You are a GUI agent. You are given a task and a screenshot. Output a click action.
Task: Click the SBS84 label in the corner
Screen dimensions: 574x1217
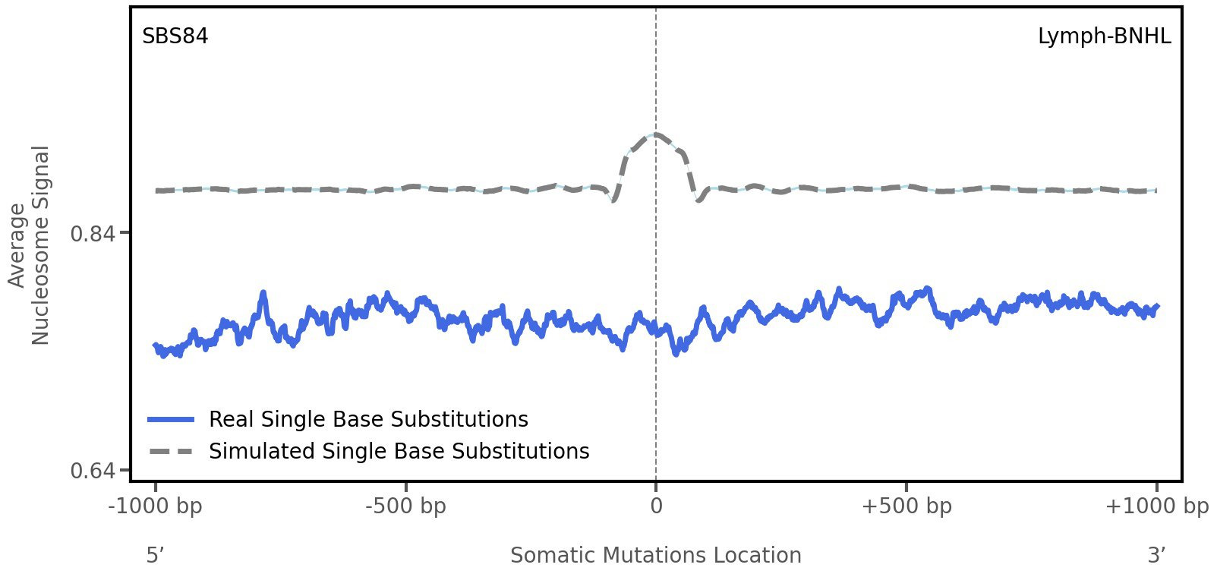tap(175, 36)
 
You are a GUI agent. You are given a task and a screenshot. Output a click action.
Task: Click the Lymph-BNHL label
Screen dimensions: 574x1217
tap(1104, 36)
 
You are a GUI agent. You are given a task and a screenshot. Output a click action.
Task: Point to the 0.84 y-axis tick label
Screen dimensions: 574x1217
tap(93, 233)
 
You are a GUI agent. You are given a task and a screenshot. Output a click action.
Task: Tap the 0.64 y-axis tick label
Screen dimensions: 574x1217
tap(93, 471)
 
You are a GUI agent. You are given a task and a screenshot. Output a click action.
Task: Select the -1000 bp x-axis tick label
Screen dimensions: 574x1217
tap(156, 506)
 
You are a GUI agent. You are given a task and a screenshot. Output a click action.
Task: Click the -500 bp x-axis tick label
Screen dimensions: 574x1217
tap(405, 506)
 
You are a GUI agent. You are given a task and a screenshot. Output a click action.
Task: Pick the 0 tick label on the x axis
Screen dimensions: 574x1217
tap(656, 506)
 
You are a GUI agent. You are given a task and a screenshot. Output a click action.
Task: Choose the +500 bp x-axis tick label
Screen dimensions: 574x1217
tap(906, 506)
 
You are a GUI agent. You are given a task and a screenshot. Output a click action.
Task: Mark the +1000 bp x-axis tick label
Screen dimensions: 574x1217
tap(1156, 506)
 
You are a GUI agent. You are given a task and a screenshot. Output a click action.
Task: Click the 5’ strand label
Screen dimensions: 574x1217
tap(156, 555)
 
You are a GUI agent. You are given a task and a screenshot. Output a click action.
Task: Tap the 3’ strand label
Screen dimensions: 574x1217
tap(1156, 555)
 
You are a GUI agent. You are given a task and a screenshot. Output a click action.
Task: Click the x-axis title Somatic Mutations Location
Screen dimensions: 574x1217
tap(656, 555)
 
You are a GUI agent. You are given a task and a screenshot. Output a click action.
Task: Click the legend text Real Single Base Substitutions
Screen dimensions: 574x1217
tap(368, 419)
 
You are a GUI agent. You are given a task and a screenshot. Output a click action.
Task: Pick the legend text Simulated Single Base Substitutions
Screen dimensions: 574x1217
tap(399, 451)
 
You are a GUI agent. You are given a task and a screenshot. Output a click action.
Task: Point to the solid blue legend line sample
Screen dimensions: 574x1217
tap(172, 419)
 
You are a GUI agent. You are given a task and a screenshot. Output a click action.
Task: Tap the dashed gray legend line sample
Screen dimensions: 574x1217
tap(172, 452)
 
